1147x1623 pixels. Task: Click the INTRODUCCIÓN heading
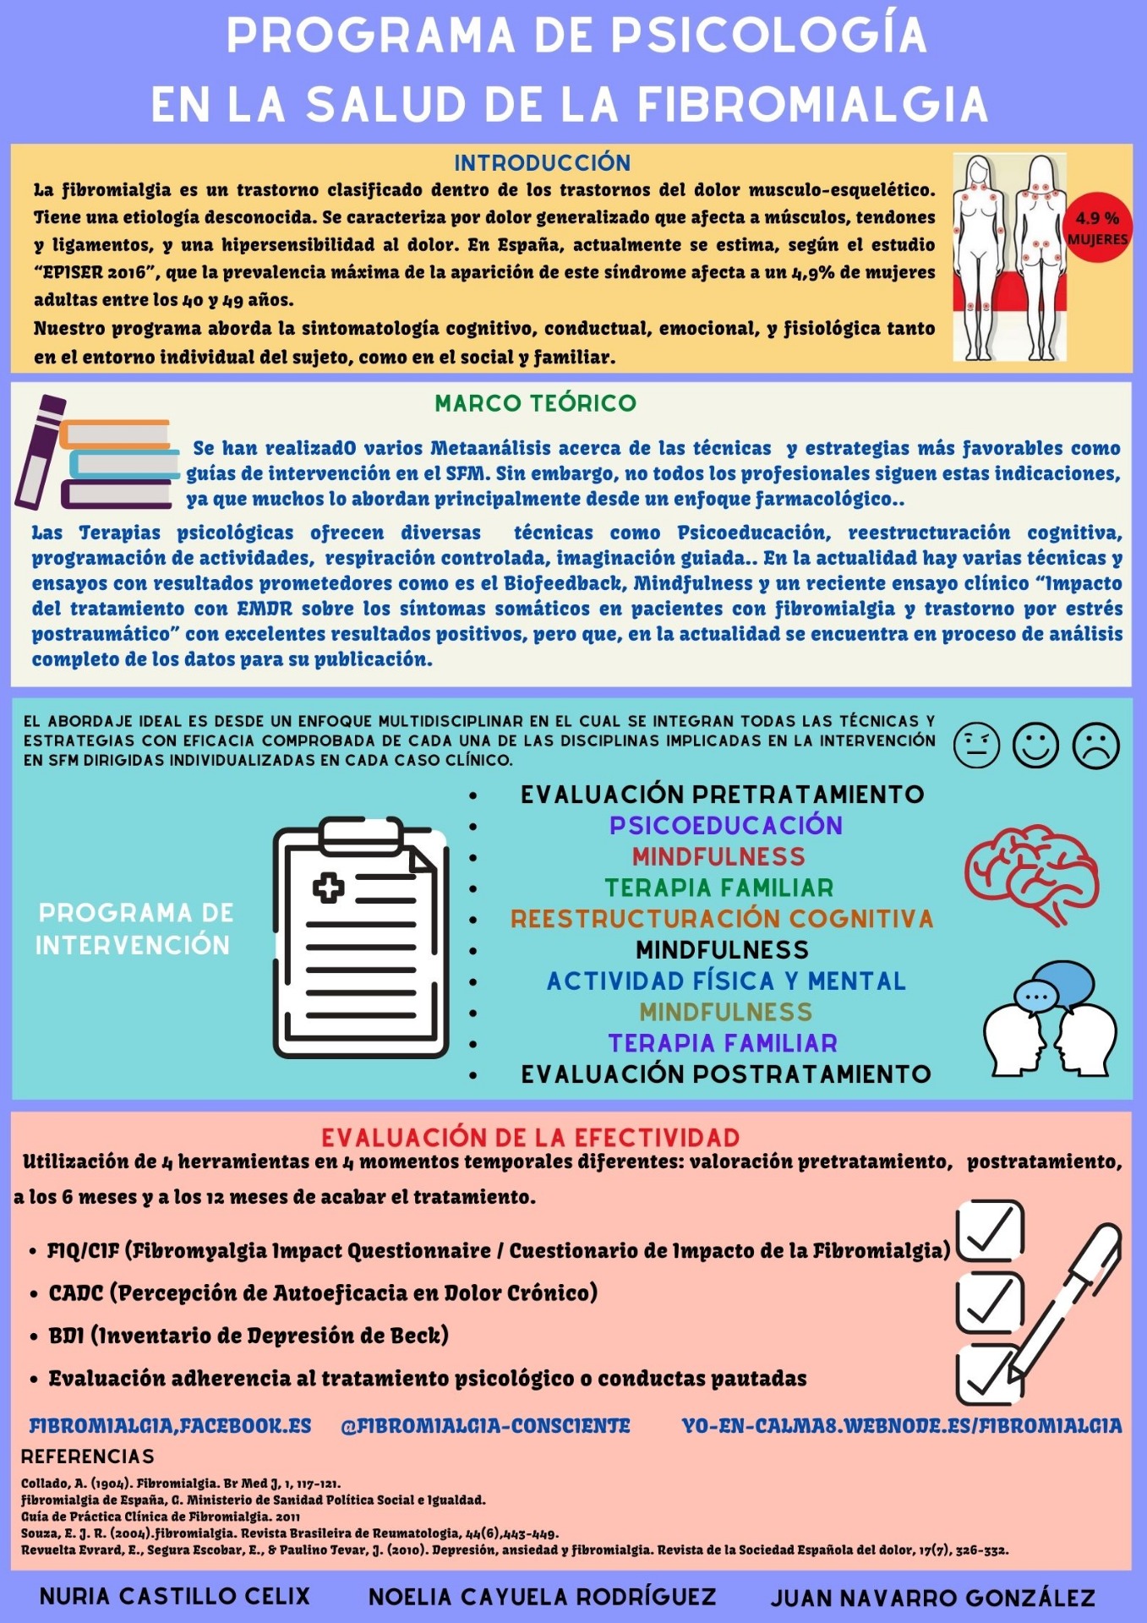542,162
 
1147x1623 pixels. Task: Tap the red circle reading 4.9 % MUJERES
1097,228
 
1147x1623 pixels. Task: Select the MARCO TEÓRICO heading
535,403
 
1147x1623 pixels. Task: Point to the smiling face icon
1035,746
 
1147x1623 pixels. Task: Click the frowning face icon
1095,746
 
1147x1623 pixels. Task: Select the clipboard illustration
361,938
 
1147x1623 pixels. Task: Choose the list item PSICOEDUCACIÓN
725,826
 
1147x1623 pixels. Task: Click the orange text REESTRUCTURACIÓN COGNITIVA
722,919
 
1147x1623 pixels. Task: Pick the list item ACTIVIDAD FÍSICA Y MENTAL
725,981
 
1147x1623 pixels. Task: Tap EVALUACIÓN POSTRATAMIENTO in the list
725,1074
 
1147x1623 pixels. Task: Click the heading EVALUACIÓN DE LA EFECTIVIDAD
530,1137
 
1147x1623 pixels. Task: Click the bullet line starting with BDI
248,1336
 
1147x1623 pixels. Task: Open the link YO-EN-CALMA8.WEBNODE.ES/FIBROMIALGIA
902,1426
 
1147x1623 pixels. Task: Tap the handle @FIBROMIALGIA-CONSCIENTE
485,1426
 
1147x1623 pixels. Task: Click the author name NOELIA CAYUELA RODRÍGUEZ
542,1596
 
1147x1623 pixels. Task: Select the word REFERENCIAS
88,1456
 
